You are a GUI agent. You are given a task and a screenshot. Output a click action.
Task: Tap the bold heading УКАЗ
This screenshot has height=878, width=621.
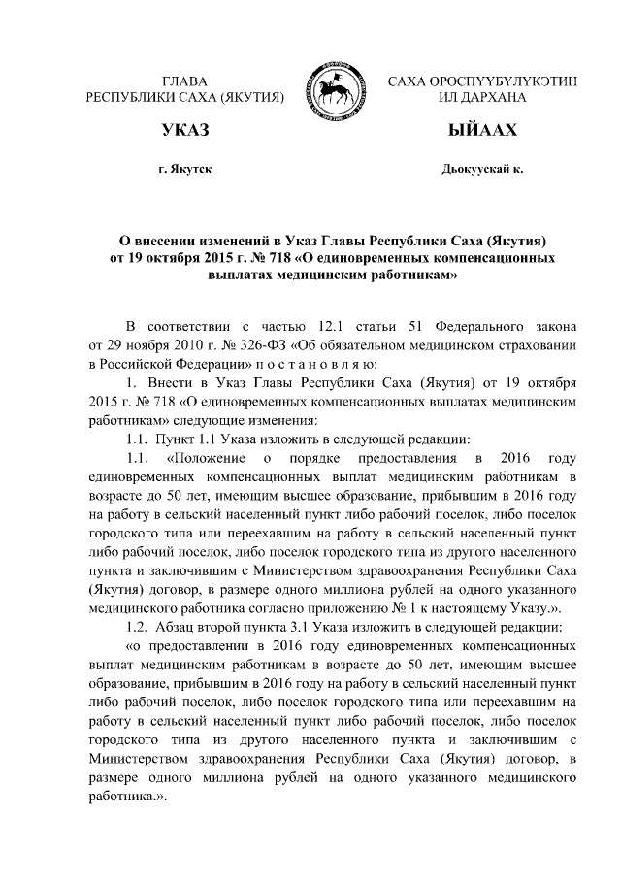tap(184, 129)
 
